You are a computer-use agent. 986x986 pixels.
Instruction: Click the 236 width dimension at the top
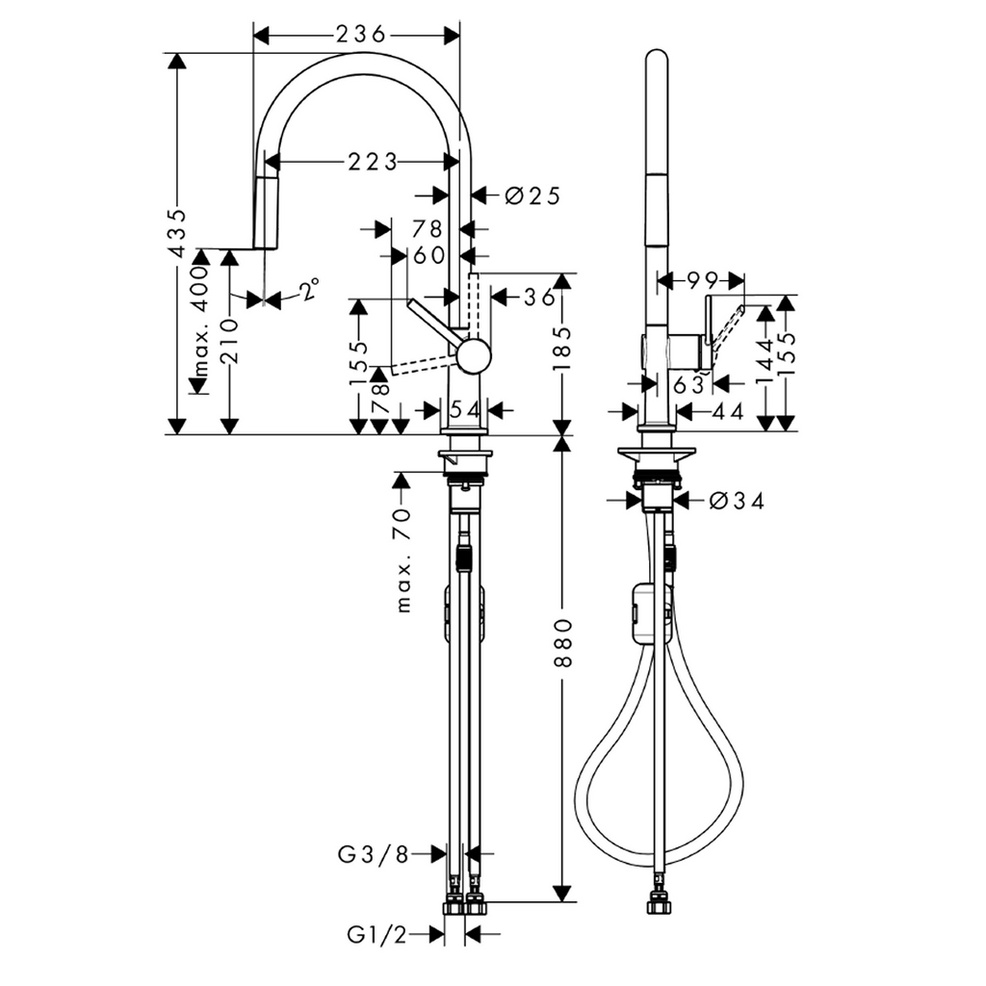[360, 34]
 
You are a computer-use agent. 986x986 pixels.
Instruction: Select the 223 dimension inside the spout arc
[373, 162]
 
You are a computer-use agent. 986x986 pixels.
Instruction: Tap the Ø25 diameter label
[532, 196]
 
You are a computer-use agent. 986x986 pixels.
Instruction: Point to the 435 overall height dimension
[178, 233]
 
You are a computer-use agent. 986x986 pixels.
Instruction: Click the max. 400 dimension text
[200, 321]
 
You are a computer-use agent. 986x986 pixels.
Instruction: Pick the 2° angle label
[309, 290]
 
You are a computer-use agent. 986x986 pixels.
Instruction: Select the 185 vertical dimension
[562, 348]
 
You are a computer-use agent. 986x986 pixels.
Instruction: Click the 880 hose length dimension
[562, 642]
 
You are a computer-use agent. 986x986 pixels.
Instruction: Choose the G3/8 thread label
[374, 854]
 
